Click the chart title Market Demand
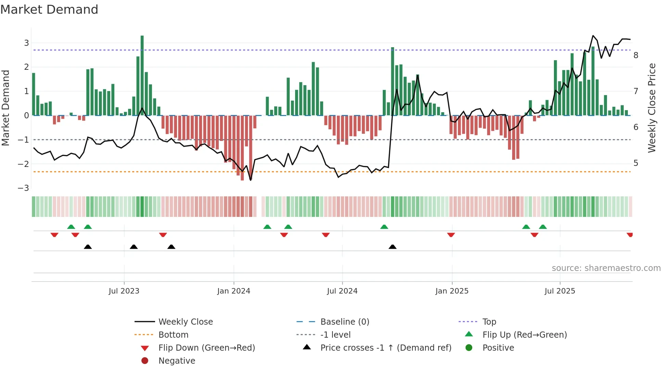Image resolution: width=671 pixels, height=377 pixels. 49,10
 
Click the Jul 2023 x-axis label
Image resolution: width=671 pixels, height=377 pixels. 124,291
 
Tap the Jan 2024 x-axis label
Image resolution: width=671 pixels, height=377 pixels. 233,291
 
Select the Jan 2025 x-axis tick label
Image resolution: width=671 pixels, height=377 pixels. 452,291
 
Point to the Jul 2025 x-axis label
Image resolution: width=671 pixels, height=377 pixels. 560,291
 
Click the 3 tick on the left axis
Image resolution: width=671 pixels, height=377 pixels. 26,43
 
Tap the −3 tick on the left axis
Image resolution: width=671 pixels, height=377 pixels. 24,188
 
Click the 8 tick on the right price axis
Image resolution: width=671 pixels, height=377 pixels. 636,55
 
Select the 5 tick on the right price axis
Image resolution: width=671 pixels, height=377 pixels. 636,163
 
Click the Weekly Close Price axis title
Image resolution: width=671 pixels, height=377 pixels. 652,108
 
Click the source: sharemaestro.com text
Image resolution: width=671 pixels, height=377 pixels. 606,268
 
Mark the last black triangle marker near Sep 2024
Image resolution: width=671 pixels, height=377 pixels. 393,247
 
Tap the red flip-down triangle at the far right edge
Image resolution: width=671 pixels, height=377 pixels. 630,235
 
